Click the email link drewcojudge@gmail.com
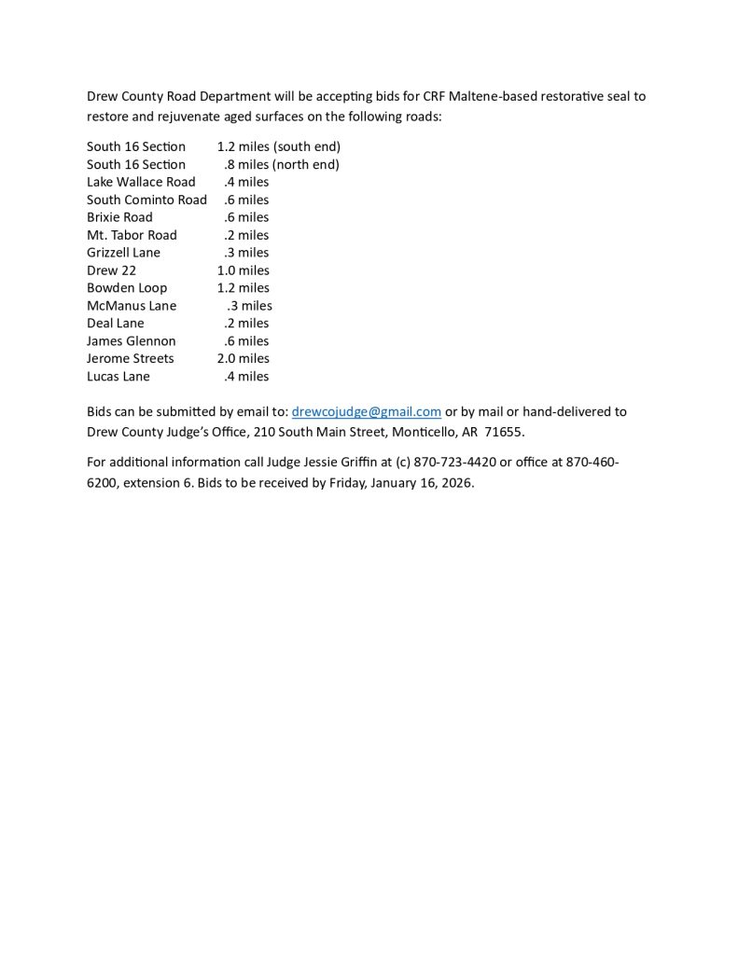coord(366,411)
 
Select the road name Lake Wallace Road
coord(141,182)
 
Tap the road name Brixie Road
coord(119,217)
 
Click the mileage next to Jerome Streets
coord(243,358)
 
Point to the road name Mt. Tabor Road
coord(132,235)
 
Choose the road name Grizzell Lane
coord(123,253)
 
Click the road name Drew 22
coord(111,270)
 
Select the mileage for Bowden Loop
coord(243,288)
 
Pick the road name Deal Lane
coord(116,323)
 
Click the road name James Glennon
coord(131,340)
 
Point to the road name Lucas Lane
coord(118,376)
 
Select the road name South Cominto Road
coord(146,200)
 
